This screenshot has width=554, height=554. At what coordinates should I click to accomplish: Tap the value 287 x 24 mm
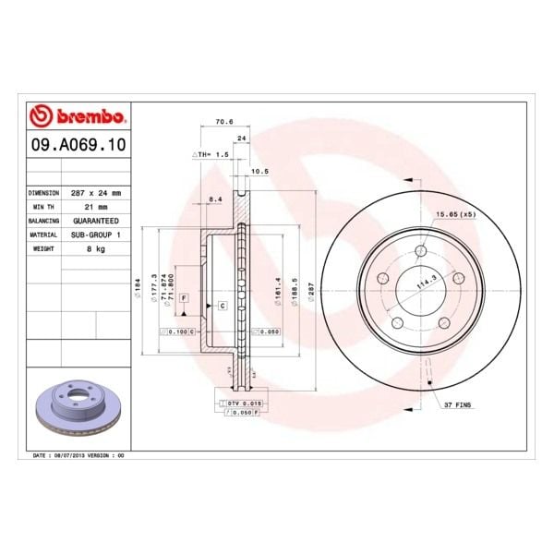tap(96, 193)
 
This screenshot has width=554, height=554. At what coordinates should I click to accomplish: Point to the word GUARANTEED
tap(96, 222)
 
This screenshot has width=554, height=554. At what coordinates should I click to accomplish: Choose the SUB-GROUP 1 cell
tap(96, 235)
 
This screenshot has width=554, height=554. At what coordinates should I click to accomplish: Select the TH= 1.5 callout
tap(209, 154)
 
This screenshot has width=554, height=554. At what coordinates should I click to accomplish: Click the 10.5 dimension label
tap(259, 171)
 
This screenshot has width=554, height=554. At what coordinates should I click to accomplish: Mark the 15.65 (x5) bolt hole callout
tap(454, 214)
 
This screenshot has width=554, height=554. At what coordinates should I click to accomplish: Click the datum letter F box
tap(184, 298)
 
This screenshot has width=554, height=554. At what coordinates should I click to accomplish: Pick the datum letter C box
tap(223, 305)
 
